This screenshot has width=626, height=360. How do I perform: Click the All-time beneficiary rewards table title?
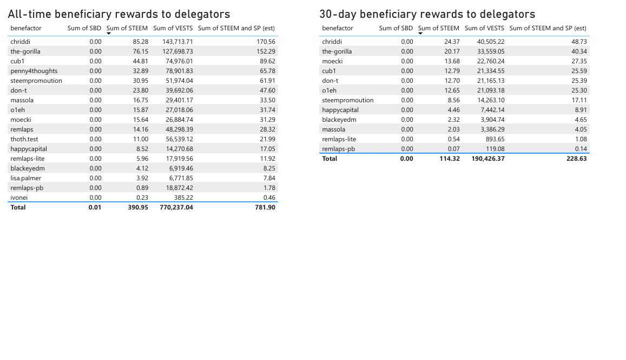click(119, 15)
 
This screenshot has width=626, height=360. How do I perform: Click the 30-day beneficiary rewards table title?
click(427, 15)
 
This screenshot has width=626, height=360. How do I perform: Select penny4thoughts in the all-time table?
click(34, 71)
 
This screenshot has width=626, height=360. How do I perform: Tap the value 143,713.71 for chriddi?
click(177, 42)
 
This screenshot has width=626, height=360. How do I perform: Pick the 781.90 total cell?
click(265, 207)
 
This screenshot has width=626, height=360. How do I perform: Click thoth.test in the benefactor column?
click(24, 139)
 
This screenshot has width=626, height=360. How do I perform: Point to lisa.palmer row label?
click(25, 178)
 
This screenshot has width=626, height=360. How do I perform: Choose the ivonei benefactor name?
click(19, 198)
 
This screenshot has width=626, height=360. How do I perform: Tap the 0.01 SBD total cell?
click(95, 207)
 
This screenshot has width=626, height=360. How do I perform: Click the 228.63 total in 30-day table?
click(576, 159)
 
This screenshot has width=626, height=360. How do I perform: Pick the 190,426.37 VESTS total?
click(487, 159)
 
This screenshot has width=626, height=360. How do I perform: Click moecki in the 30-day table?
click(332, 61)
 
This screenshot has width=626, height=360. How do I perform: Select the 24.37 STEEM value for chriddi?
click(452, 42)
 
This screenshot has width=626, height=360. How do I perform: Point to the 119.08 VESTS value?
click(494, 149)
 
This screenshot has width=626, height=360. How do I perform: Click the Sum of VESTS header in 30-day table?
click(484, 28)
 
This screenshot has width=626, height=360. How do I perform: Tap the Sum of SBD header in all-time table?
click(84, 28)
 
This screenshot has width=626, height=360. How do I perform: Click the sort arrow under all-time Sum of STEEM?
click(109, 34)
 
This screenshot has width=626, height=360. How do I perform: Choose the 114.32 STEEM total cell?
click(450, 159)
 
